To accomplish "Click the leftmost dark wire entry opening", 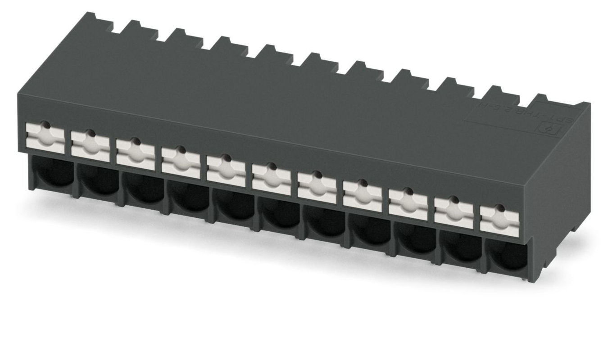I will pos(54,173).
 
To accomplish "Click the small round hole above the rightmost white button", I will pos(499,207).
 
